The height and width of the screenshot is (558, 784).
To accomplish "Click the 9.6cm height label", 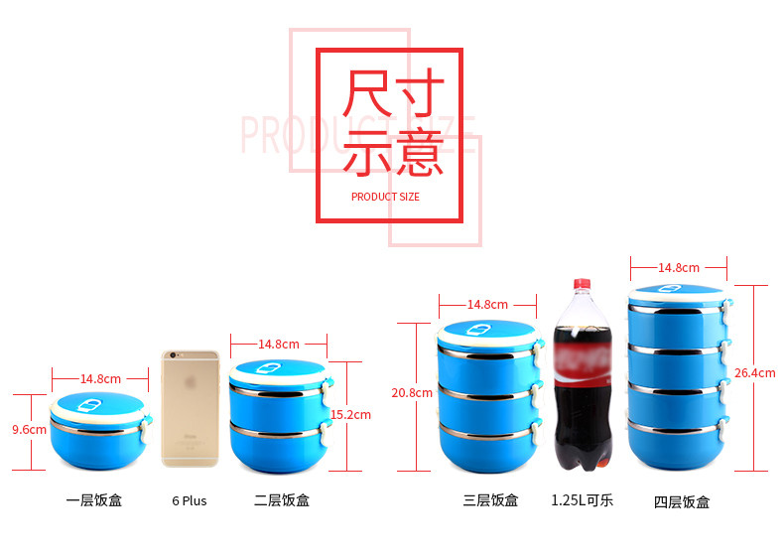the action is coord(29,430).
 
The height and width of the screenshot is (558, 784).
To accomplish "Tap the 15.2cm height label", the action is coord(350,414).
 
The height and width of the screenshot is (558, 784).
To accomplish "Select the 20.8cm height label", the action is coord(412,392).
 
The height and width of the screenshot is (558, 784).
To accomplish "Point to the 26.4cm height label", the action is coord(755,373).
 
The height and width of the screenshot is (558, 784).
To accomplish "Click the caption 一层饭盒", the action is coord(94,500).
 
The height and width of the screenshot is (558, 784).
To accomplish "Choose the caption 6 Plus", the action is coord(189,500).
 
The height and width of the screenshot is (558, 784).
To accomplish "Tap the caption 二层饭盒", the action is coord(282,500).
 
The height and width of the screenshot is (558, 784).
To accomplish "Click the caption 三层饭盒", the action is coord(490,500).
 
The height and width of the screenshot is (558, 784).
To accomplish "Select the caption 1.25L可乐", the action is coord(582,499).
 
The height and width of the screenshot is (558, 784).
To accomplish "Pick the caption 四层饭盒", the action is coord(682,501).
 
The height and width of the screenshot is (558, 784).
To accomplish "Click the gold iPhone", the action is coord(190,407).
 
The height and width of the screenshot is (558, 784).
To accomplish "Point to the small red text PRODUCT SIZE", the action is coord(385,197).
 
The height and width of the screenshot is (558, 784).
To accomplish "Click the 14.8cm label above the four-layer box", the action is coord(679,267).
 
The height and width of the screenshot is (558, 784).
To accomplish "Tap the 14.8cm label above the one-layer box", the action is coord(100,378).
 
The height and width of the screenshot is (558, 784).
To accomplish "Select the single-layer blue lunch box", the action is coord(99,431).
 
